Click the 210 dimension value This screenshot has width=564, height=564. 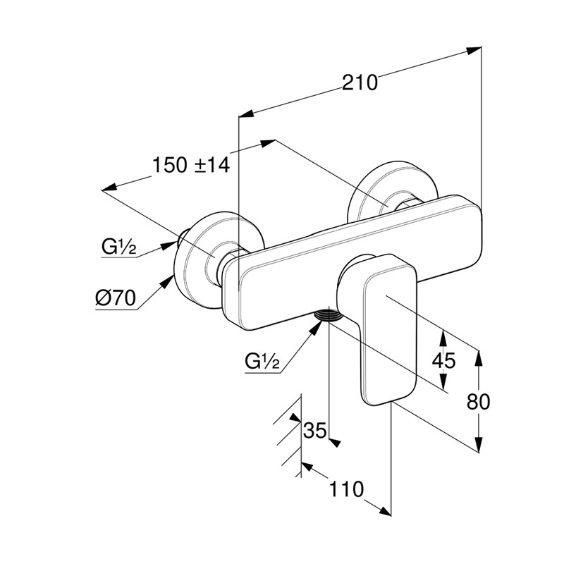pyautogui.click(x=360, y=82)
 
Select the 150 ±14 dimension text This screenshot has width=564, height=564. pyautogui.click(x=191, y=166)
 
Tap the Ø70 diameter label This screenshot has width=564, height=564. pyautogui.click(x=115, y=298)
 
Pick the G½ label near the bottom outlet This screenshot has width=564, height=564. pyautogui.click(x=263, y=362)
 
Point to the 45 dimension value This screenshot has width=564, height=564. pyautogui.click(x=443, y=361)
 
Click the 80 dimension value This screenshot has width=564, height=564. pyautogui.click(x=479, y=402)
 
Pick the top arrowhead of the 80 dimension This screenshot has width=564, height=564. pyautogui.click(x=479, y=357)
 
